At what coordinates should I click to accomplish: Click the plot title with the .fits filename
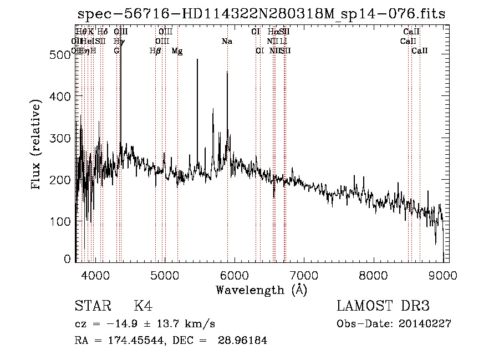pyautogui.click(x=261, y=14)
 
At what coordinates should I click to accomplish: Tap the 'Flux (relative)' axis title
pyautogui.click(x=37, y=145)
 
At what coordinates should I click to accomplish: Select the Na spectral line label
pyautogui.click(x=226, y=42)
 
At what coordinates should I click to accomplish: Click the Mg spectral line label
pyautogui.click(x=177, y=51)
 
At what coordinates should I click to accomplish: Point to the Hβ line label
pyautogui.click(x=155, y=51)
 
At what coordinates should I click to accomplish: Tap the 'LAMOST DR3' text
pyautogui.click(x=383, y=306)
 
